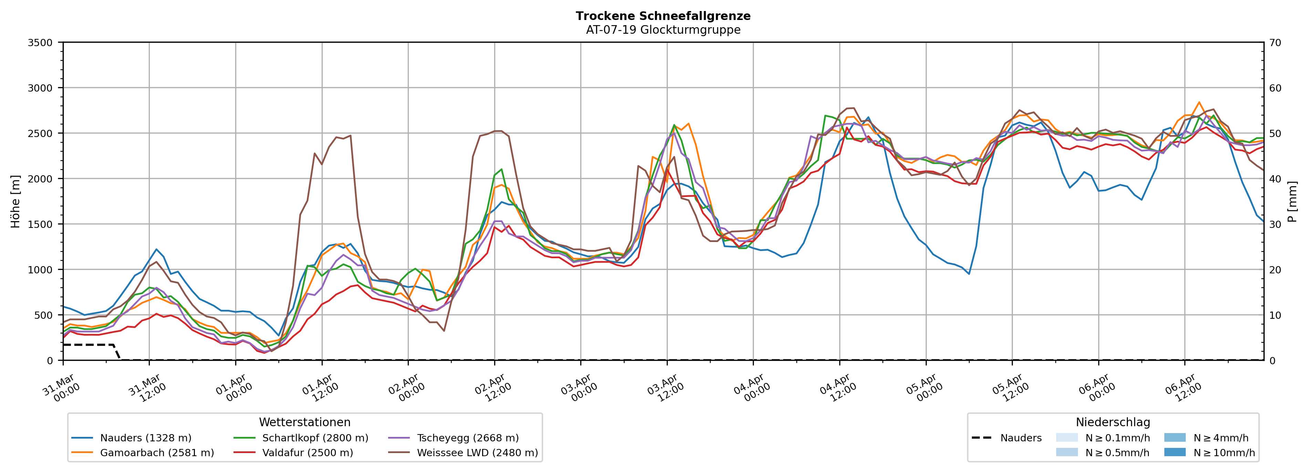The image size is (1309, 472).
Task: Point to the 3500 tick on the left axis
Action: pyautogui.click(x=40, y=43)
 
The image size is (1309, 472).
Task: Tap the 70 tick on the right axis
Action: pyautogui.click(x=1275, y=43)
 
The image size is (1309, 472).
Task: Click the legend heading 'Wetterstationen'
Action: pyautogui.click(x=304, y=422)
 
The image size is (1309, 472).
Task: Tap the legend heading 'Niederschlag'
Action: pyautogui.click(x=1112, y=422)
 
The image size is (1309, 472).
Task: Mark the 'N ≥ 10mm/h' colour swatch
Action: pyautogui.click(x=1174, y=452)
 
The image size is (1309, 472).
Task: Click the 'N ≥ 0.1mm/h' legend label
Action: pyautogui.click(x=1117, y=438)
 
